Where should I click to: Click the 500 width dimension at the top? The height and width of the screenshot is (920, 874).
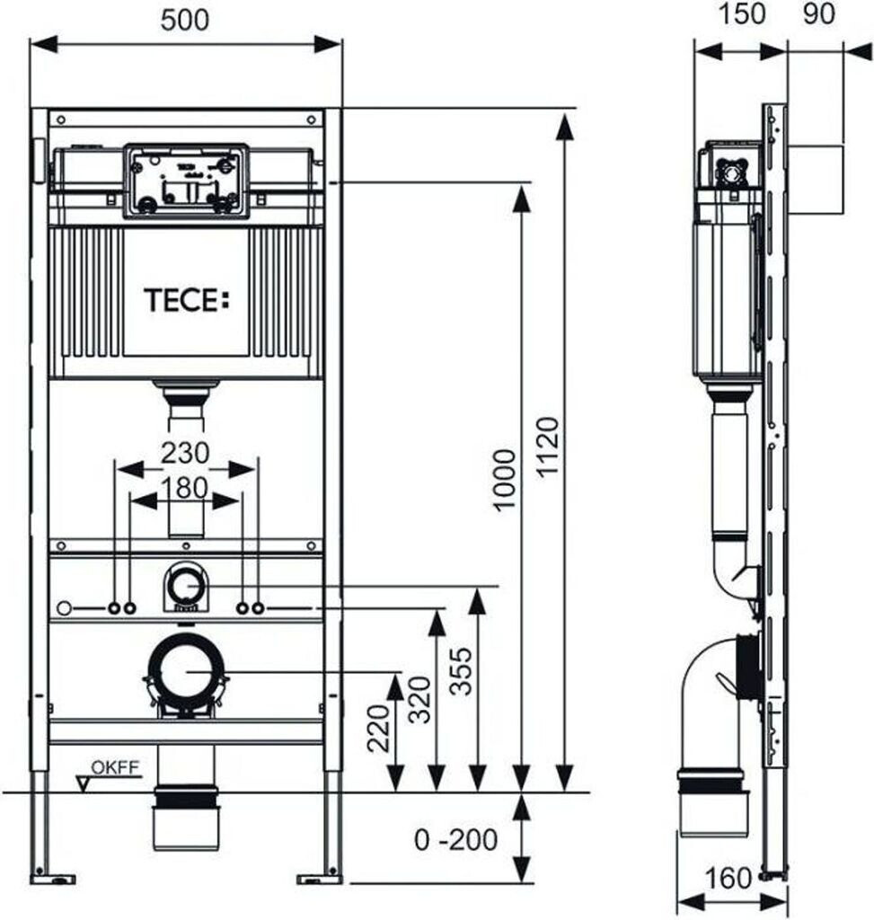click(x=185, y=22)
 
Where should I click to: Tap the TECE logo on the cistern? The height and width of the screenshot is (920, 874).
click(x=187, y=300)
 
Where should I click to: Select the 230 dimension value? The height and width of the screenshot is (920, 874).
click(x=185, y=453)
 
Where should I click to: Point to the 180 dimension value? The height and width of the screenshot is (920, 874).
click(x=185, y=488)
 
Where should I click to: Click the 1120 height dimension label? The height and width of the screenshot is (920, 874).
click(x=548, y=447)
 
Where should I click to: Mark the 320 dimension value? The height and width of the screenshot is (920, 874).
click(x=420, y=700)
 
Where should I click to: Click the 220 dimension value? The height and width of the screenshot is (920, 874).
click(x=379, y=728)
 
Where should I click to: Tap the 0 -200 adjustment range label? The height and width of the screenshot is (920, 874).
click(x=455, y=840)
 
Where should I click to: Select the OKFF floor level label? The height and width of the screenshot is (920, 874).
click(x=115, y=767)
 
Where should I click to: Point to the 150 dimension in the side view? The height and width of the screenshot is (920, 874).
click(x=741, y=14)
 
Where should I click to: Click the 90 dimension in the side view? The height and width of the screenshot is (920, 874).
click(x=818, y=14)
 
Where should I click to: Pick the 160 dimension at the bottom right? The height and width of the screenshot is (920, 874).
click(x=728, y=879)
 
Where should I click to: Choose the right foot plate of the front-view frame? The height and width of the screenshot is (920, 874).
click(x=320, y=879)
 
